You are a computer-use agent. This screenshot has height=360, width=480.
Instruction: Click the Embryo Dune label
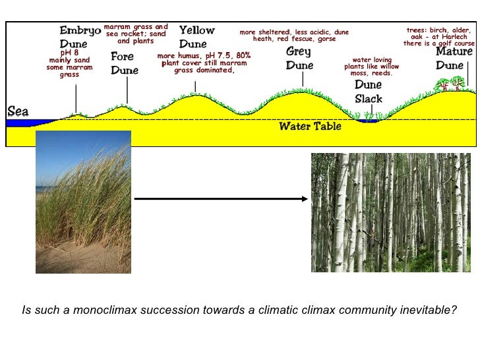[x=80, y=37]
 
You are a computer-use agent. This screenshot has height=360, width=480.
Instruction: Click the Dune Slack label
[x=368, y=92]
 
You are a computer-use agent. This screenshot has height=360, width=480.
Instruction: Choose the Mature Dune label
[x=454, y=58]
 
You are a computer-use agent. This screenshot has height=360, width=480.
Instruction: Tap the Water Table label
[x=310, y=125]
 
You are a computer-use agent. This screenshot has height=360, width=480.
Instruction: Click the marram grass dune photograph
[x=83, y=202]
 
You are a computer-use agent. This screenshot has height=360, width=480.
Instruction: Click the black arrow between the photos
[x=221, y=198]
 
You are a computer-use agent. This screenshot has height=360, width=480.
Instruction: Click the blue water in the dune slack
[x=369, y=120]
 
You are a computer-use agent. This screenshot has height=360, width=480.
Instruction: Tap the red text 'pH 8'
[x=69, y=52]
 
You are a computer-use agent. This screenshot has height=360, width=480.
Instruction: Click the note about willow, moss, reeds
[x=371, y=67]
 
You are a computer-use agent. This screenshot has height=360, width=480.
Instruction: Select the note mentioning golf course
[x=438, y=37]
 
